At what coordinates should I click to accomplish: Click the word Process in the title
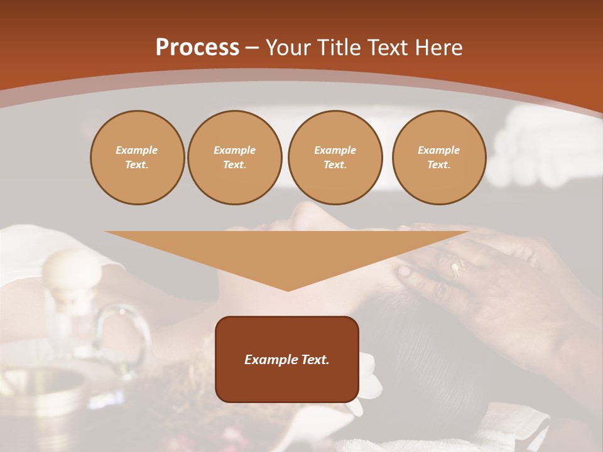(197, 48)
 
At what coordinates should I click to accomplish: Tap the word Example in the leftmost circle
(137, 150)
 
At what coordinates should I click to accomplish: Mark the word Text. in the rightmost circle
(439, 165)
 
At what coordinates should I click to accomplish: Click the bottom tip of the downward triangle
(288, 290)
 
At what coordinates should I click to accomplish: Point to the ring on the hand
(457, 268)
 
